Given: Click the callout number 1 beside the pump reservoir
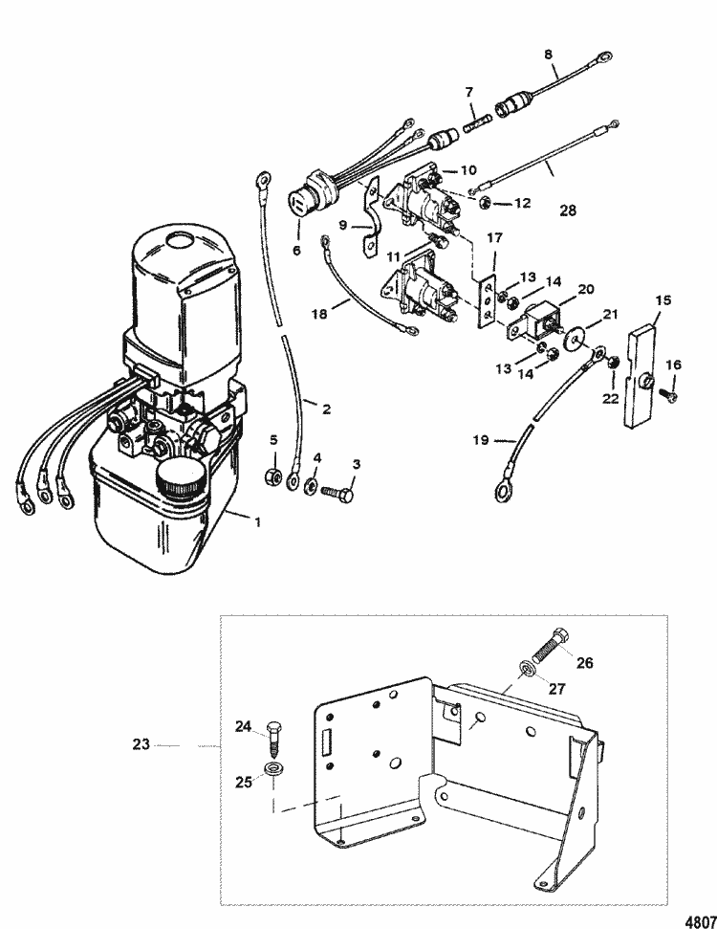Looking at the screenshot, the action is click(x=257, y=522).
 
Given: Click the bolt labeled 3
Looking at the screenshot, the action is click(x=337, y=493).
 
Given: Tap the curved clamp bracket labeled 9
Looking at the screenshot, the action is click(x=370, y=217).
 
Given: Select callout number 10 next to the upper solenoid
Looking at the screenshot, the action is click(x=468, y=170).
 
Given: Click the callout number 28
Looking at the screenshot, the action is click(x=568, y=210).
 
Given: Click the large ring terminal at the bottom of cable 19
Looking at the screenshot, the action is click(x=504, y=491).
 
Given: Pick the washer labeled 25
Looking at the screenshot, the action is click(x=273, y=768).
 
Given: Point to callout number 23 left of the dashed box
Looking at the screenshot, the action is click(x=141, y=744).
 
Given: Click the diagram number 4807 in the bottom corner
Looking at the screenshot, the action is click(x=700, y=922).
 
